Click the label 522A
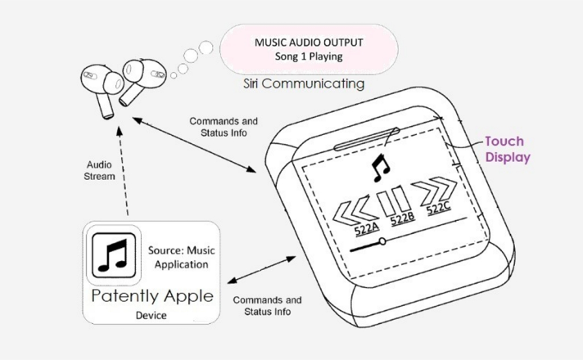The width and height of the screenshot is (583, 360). pos(366,229)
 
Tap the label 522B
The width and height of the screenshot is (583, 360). pos(403,219)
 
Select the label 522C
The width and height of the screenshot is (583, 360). pos(438,209)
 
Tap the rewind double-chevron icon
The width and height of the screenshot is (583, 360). pos(355,210)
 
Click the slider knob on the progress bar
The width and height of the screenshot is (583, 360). pos(382,242)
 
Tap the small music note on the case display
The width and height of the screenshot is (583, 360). pos(380,168)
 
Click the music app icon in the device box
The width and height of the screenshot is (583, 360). pos(114,255)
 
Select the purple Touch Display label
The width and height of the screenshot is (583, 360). pos(508,149)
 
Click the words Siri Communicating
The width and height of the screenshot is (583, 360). pos(304,83)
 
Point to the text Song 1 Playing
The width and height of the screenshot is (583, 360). pos(309,56)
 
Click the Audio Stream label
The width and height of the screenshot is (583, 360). pos(99,170)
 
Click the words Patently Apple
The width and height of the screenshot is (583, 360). pos(152,296)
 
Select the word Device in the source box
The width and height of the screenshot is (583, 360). pos(151,316)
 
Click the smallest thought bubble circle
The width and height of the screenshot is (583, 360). pos(174,75)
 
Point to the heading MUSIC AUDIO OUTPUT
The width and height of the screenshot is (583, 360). pos(309,43)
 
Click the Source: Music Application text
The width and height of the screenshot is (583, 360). pos(182,257)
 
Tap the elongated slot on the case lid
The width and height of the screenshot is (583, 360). pos(367,139)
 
